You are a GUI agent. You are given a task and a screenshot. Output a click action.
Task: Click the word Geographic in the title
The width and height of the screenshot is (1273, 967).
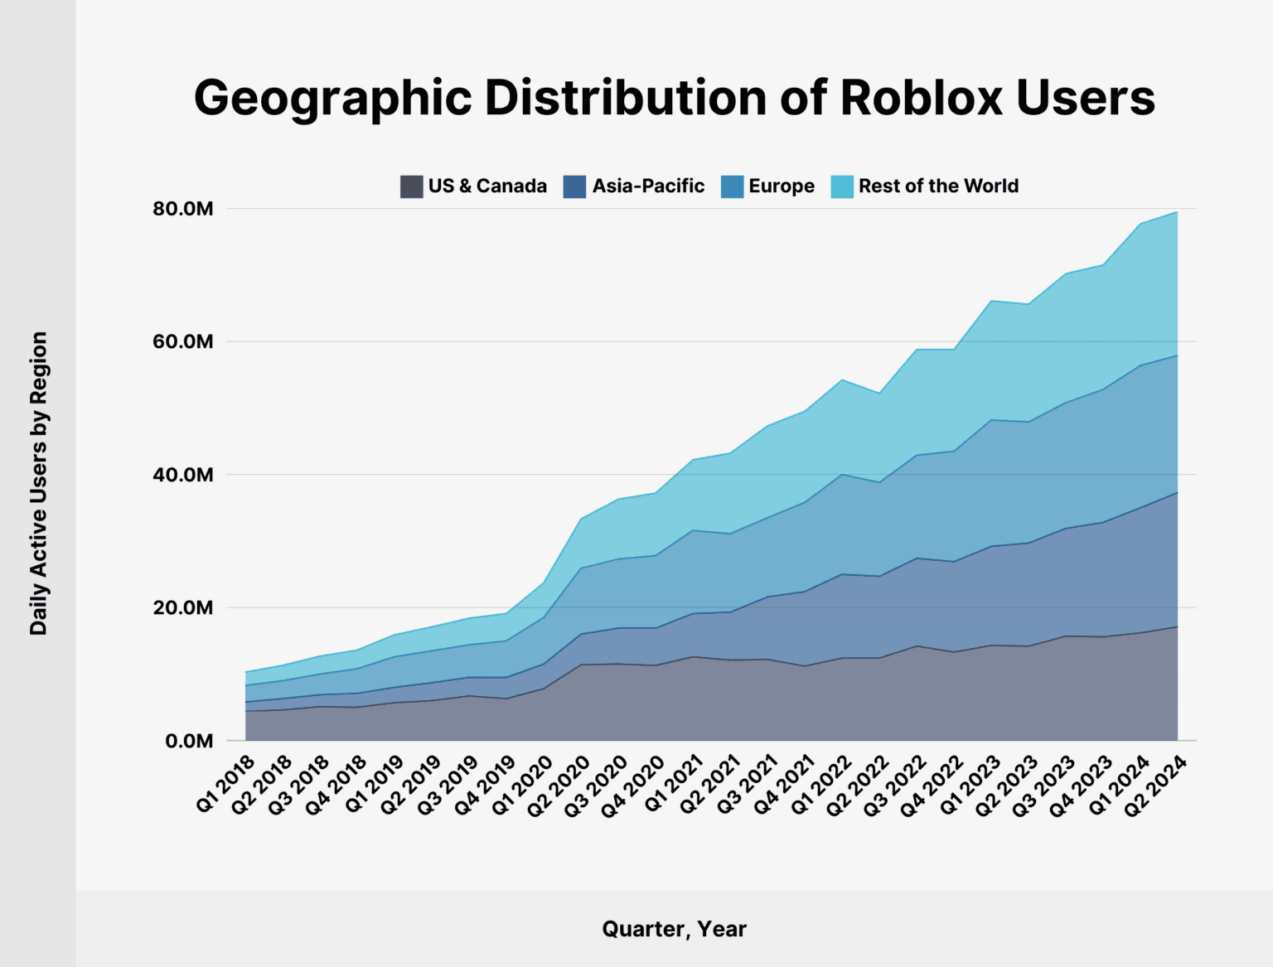click(x=333, y=98)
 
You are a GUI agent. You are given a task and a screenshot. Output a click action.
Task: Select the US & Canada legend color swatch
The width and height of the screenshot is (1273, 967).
click(x=411, y=186)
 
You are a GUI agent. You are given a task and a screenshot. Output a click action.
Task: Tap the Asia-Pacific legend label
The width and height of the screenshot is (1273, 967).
click(x=647, y=186)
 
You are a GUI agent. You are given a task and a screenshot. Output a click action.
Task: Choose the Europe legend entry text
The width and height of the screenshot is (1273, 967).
click(x=781, y=186)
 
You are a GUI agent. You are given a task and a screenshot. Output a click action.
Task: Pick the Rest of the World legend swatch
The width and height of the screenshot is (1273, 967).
click(x=841, y=186)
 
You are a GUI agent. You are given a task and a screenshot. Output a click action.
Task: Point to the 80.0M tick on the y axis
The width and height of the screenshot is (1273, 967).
click(x=182, y=209)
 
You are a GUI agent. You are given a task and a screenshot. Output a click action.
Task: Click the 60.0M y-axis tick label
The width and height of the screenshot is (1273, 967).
click(x=182, y=341)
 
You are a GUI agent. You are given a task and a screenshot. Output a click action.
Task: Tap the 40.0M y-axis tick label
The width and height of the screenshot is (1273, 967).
click(x=182, y=475)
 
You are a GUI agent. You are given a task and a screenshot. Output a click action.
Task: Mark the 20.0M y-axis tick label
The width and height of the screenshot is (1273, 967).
click(x=182, y=607)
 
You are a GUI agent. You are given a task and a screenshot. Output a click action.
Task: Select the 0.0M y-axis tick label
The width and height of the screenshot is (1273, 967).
click(x=189, y=741)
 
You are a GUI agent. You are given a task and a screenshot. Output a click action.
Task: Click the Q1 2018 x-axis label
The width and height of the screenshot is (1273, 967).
click(x=226, y=783)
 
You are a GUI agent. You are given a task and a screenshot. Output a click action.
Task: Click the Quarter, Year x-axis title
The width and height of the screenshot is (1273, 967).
click(x=674, y=929)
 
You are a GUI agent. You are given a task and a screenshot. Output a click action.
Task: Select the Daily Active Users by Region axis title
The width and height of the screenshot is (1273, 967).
click(x=39, y=484)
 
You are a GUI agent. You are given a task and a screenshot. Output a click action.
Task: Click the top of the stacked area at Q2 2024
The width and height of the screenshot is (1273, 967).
click(x=1177, y=212)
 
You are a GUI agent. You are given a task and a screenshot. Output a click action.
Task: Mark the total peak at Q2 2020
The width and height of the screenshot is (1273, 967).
click(x=582, y=519)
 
